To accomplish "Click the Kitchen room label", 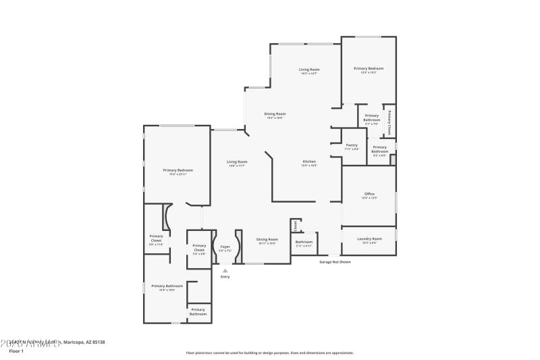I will [x=309, y=161].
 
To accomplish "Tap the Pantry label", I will [x=351, y=145].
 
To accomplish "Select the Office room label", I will [x=369, y=194].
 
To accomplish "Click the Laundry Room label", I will [x=369, y=238].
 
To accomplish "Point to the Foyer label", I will [x=225, y=247].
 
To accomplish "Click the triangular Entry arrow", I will [x=225, y=270].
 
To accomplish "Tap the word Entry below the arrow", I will [x=225, y=277].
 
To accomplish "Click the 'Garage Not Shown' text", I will [x=335, y=261].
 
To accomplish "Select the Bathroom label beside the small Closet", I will [x=304, y=242].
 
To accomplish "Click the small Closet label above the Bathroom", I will [x=294, y=225].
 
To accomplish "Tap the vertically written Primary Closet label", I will [x=389, y=122].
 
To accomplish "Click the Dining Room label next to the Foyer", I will [x=267, y=239].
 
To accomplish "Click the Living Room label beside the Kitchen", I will [x=236, y=161].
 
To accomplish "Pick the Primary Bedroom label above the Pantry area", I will [x=369, y=68].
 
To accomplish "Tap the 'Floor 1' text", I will [x=16, y=351].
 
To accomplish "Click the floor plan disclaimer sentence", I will [x=269, y=353].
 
